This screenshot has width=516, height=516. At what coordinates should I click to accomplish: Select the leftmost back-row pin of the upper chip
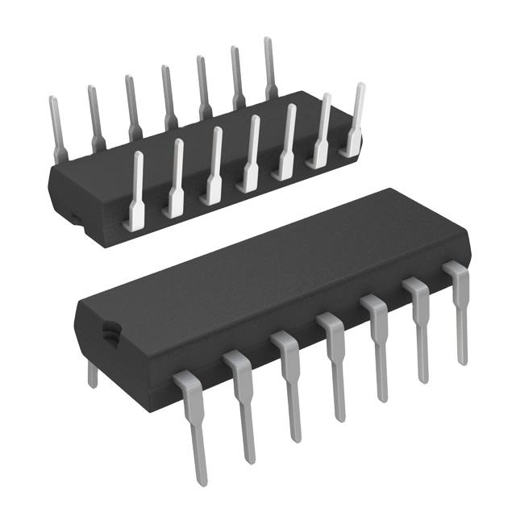pyautogui.click(x=56, y=129)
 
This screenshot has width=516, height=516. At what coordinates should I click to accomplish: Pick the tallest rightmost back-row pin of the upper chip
pyautogui.click(x=270, y=69)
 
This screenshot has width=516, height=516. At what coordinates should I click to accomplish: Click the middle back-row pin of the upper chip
pyautogui.click(x=169, y=97)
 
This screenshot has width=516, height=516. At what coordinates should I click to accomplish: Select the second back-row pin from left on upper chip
pyautogui.click(x=95, y=117)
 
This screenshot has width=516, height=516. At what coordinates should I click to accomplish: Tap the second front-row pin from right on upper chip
pyautogui.click(x=321, y=133)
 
